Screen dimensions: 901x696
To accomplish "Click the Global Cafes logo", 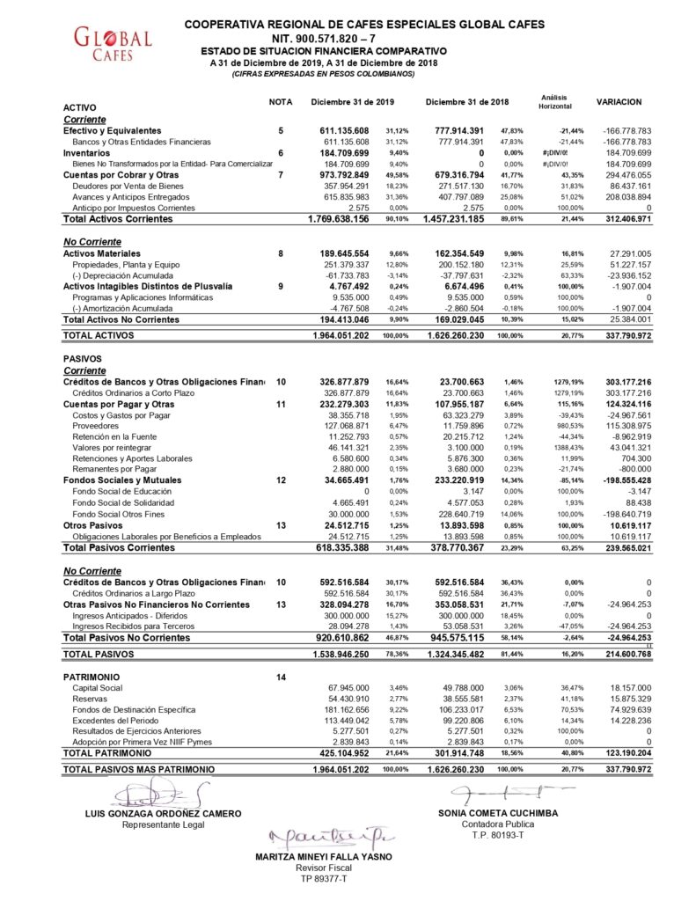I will point(113,43).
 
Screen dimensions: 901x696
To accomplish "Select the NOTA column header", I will point(280,102).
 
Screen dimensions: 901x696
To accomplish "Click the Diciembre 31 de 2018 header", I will point(466,102).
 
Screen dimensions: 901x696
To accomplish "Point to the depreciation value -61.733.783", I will point(345,275).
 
